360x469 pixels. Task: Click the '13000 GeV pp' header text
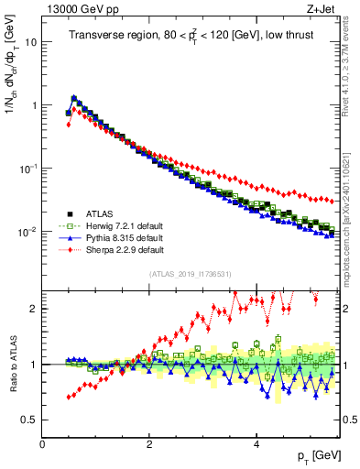pyautogui.click(x=76, y=8)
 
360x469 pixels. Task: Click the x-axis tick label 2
pyautogui.click(x=149, y=445)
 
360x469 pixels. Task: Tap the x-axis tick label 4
pyautogui.click(x=256, y=445)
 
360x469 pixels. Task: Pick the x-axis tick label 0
pyautogui.click(x=42, y=445)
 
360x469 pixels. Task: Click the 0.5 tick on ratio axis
pyautogui.click(x=29, y=420)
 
